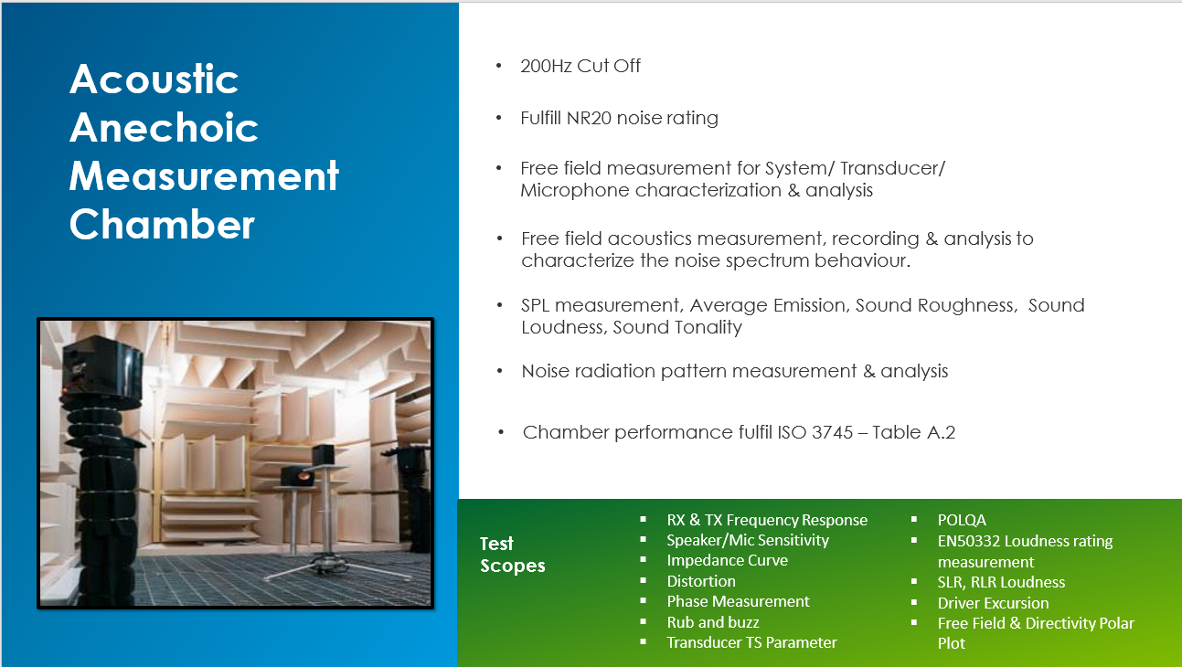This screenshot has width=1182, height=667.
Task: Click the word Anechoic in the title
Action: click(165, 128)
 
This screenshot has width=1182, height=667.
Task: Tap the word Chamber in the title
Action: click(162, 224)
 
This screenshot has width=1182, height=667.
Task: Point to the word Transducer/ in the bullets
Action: click(892, 169)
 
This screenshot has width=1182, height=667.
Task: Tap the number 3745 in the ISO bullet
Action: click(832, 432)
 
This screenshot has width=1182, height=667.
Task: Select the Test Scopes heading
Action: click(512, 555)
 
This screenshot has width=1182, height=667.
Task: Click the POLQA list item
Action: click(962, 520)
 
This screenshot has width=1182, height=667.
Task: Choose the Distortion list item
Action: click(701, 581)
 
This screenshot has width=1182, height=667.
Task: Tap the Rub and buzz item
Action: click(713, 622)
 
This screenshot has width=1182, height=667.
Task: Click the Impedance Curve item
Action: click(727, 560)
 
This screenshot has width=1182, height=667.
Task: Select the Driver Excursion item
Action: click(993, 603)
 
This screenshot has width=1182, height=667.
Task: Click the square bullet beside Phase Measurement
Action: click(643, 601)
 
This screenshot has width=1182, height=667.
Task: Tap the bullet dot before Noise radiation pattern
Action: click(499, 371)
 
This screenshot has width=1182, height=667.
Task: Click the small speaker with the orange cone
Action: click(298, 476)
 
